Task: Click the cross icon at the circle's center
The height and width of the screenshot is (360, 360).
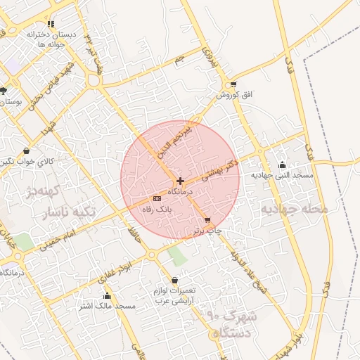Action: [180, 181]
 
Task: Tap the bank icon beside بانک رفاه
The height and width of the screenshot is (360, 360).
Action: [156, 199]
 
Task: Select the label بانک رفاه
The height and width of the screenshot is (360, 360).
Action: [157, 209]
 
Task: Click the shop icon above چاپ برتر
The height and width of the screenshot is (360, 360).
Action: [207, 220]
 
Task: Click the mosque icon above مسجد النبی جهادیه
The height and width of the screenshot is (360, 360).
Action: [282, 165]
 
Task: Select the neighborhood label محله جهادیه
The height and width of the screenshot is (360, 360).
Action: [295, 209]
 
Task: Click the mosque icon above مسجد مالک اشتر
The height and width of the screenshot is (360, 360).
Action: [107, 296]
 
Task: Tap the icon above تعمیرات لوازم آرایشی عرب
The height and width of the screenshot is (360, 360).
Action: [174, 280]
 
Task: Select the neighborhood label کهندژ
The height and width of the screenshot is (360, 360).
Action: [39, 191]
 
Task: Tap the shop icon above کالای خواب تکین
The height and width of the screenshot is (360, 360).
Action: [27, 151]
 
